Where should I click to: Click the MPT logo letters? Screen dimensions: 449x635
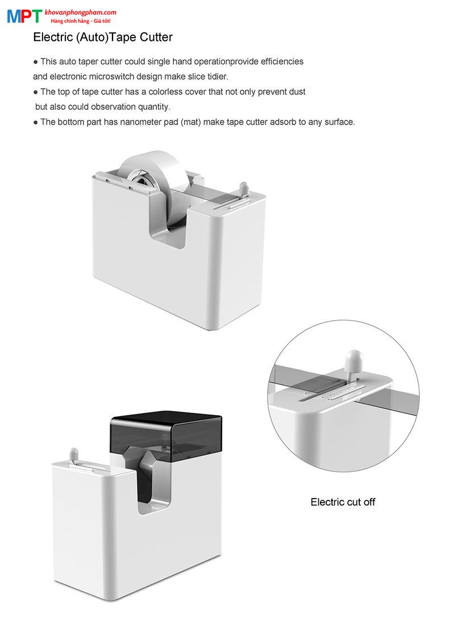(24, 16)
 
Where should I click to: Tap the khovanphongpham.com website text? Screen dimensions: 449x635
(80, 13)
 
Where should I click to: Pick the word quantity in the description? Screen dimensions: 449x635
(154, 107)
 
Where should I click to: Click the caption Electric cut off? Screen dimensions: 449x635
(343, 502)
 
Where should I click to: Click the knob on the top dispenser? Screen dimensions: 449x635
(243, 189)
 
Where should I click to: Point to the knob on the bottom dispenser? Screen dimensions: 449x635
(73, 455)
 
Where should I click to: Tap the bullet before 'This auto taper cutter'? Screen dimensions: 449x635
(36, 63)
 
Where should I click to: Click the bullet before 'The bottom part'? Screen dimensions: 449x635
(36, 123)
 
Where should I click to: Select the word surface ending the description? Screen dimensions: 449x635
(339, 122)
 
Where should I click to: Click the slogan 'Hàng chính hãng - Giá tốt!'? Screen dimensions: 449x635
(81, 21)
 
